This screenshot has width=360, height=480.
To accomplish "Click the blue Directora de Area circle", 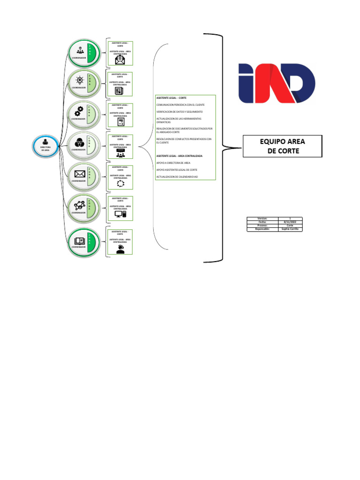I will point(45,146).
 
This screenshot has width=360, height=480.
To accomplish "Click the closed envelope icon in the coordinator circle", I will point(79,174).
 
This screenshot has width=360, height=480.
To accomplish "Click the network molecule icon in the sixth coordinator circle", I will point(78,205).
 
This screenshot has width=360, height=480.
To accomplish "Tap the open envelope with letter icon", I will point(120,60).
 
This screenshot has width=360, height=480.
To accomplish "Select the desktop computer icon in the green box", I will point(120,214).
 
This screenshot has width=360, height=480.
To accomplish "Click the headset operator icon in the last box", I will point(120,249).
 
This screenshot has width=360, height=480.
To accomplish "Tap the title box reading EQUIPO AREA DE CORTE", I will point(282,146).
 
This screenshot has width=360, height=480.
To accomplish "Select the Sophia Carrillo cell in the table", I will point(290,229).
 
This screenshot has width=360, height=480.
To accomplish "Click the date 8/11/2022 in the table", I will point(290,222).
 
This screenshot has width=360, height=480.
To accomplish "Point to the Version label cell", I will point(262,218).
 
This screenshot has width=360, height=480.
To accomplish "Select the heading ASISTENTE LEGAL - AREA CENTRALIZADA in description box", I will point(180,156).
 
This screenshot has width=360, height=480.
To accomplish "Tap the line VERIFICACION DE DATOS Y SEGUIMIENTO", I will point(180,112).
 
